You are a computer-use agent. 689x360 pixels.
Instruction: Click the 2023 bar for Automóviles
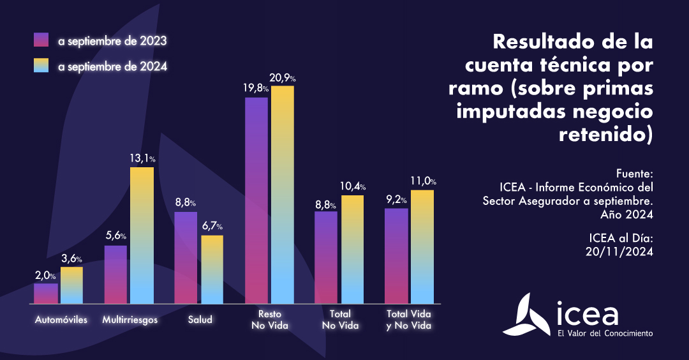(x=46, y=294)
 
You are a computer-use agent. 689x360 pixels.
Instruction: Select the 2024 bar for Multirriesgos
(x=142, y=235)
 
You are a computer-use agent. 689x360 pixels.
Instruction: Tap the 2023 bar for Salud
(x=186, y=257)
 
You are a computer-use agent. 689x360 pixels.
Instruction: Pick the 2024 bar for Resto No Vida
(x=282, y=195)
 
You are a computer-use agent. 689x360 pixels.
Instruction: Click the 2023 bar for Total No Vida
(x=326, y=257)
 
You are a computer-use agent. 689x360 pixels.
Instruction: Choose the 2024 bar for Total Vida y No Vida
(x=422, y=246)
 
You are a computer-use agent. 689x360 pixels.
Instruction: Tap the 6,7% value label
(x=213, y=227)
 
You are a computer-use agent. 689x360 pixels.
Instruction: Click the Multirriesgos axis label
(x=130, y=319)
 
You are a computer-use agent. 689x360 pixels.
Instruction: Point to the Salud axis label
(x=200, y=319)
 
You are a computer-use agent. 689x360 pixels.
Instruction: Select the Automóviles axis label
(x=61, y=319)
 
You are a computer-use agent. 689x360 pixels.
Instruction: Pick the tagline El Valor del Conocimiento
(x=605, y=333)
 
